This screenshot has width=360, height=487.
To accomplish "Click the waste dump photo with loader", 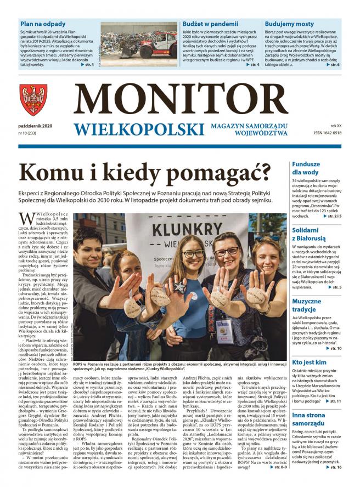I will point(139,44).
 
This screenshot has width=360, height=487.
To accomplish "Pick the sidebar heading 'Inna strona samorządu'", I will point(307,419).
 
